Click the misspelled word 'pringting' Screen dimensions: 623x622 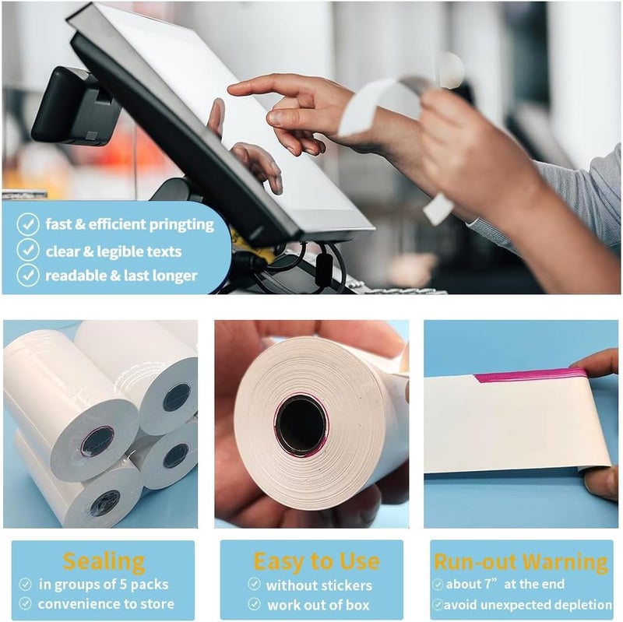coord(181,225)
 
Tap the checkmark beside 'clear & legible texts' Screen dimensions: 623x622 coord(28,250)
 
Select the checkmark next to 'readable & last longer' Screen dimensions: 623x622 coord(28,275)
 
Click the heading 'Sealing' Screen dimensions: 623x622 coord(104,562)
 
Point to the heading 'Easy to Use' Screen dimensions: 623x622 coord(316,561)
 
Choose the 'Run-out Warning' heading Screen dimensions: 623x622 coord(521,562)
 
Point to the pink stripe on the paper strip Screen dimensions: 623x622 coord(531,375)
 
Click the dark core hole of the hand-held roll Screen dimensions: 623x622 coord(301,424)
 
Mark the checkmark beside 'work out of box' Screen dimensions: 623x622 coord(255,604)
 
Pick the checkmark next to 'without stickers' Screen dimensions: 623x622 coord(255,584)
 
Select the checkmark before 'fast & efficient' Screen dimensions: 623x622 coord(28,224)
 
